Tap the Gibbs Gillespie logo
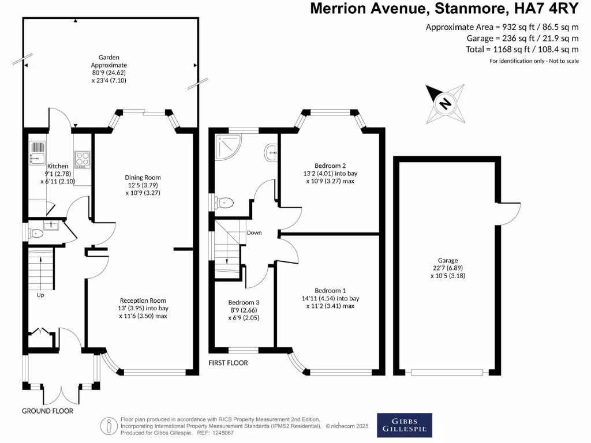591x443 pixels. click(x=403, y=424)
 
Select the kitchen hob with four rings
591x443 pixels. click(x=82, y=159)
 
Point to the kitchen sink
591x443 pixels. click(x=37, y=153)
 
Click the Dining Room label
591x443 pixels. click(x=143, y=177)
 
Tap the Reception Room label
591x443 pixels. click(x=143, y=301)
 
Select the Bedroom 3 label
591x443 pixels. click(x=244, y=302)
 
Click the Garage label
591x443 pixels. click(x=447, y=261)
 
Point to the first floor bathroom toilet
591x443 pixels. click(x=225, y=202)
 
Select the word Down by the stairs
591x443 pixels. click(x=254, y=233)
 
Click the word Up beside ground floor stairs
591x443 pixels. click(x=40, y=295)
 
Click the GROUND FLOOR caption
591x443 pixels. click(x=47, y=411)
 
